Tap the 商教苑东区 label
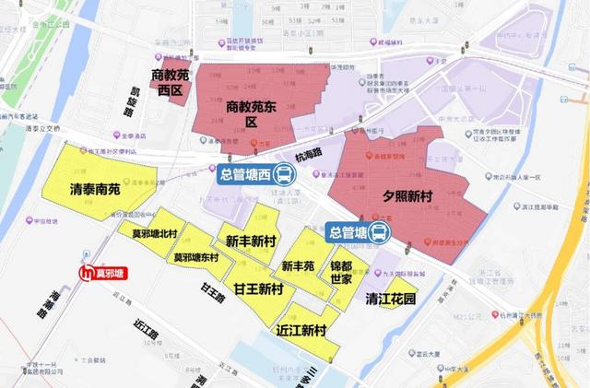252,113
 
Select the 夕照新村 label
407,197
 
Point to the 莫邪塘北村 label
154,235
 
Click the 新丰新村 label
251,241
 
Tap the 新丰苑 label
299,266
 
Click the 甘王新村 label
257,289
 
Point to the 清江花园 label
390,300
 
